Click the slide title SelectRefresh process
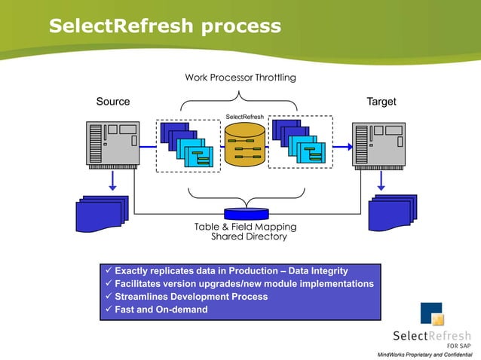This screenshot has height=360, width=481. pos(164,27)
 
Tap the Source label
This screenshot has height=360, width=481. pos(113,102)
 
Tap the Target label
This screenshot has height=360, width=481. pos(381,102)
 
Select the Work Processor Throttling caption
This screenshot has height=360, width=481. pos(240,78)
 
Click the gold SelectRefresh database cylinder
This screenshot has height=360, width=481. pos(244,145)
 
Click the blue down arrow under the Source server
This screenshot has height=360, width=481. pos(112,181)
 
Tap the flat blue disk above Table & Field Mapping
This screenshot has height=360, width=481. pos(246,214)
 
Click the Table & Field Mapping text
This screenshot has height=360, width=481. pos(245,227)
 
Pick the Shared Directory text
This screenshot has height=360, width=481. pos(249,236)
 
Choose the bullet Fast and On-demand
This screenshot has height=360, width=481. pos(160,310)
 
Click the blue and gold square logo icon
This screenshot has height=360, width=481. pos(432,313)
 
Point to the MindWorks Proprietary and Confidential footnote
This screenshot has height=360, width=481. pos(424,354)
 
